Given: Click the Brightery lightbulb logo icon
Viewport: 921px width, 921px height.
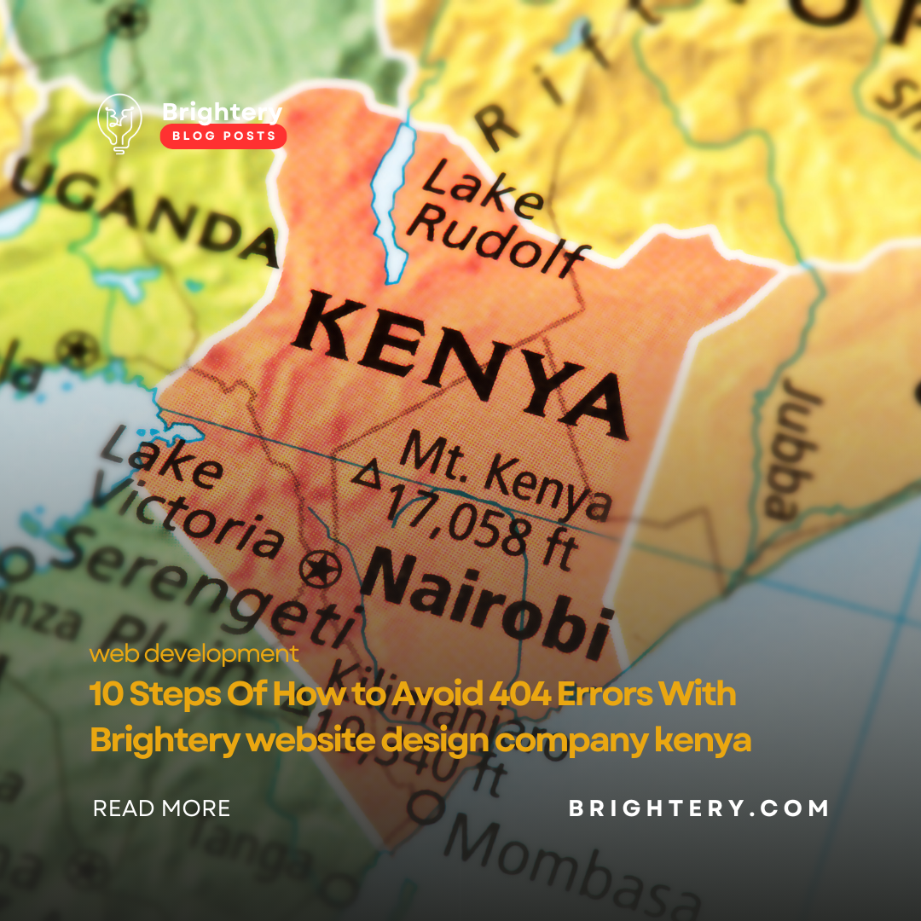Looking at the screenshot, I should click(119, 124).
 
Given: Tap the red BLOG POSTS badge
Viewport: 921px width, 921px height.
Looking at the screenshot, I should click(223, 136).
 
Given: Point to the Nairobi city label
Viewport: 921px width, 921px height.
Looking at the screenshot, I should click(486, 600).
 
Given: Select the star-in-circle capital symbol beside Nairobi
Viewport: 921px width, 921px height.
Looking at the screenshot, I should click(321, 565).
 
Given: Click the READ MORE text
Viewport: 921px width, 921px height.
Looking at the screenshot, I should click(161, 808).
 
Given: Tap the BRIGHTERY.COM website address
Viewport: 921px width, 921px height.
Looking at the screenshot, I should click(698, 808).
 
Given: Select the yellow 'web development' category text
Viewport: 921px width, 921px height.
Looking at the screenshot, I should click(194, 654).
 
